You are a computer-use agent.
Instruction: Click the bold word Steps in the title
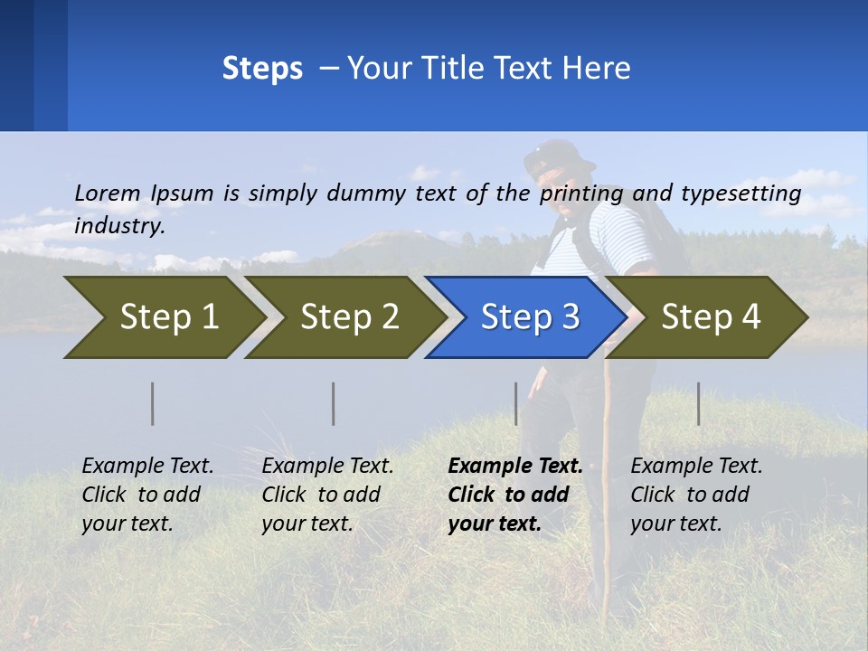(x=262, y=69)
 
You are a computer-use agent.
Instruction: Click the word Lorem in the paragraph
(x=108, y=193)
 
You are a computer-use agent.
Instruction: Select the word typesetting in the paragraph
(x=741, y=193)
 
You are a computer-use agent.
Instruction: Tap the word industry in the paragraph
(x=118, y=226)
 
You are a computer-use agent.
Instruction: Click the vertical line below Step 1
(x=153, y=403)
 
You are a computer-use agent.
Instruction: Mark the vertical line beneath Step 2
(x=334, y=403)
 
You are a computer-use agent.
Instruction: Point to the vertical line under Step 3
(x=516, y=403)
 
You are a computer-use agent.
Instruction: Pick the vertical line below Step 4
(x=699, y=403)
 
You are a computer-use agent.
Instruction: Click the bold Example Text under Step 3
(x=515, y=467)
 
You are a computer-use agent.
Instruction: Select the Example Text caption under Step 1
(x=147, y=467)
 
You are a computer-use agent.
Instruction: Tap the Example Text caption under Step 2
(x=327, y=467)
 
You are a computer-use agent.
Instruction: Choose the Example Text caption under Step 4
(x=696, y=467)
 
